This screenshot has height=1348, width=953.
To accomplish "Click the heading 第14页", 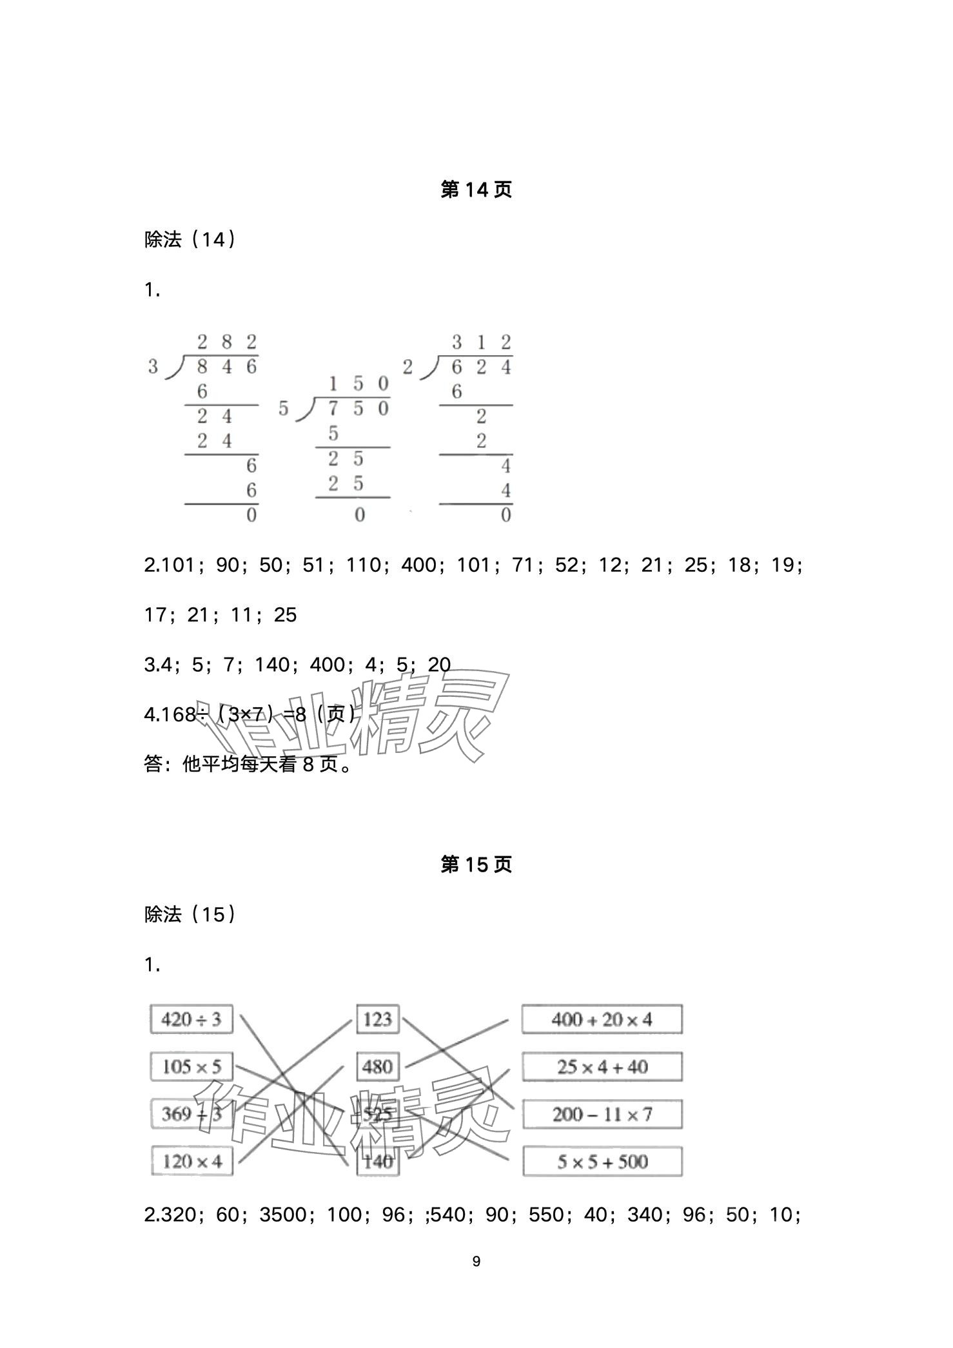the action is [x=476, y=190].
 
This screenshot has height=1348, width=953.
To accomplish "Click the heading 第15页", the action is [x=476, y=864].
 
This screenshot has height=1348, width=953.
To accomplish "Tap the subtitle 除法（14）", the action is [x=190, y=240].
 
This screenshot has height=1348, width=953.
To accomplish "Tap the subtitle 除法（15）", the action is [x=190, y=914].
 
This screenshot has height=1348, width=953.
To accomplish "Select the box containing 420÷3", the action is [x=192, y=1019].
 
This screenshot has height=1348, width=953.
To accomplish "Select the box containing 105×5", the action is [x=192, y=1066].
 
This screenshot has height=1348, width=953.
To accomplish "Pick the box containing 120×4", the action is [x=192, y=1161].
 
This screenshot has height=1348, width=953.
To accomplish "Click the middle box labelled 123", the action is [x=377, y=1019].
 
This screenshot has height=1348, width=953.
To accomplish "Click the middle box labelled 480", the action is [x=377, y=1066].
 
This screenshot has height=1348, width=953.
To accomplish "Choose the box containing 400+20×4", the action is [x=602, y=1019].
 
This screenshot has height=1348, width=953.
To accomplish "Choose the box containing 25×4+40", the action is [x=602, y=1066].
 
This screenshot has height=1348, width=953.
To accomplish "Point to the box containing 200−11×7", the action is [x=602, y=1114].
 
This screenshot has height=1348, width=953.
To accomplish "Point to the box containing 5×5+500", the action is [x=602, y=1161].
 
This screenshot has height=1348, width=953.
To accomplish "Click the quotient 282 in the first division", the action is [x=226, y=342].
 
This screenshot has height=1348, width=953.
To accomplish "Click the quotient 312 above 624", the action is [x=481, y=342].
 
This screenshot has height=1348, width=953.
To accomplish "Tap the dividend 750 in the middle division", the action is [x=358, y=409].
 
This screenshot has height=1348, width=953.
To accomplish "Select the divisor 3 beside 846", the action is [x=153, y=367].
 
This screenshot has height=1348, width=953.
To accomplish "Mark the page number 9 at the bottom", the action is [x=477, y=1262].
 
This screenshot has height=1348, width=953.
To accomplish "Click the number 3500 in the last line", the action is [x=282, y=1215].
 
